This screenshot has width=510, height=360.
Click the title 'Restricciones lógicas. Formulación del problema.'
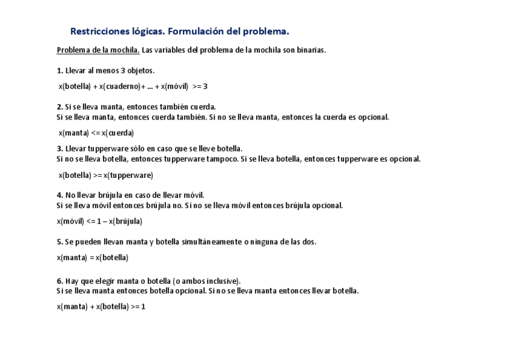[180, 31]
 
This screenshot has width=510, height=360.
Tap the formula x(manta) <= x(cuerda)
[96, 133]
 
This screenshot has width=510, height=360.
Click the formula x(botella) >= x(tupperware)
[106, 175]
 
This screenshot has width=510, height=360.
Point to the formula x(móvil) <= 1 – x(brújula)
[100, 221]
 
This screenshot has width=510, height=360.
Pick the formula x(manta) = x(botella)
[93, 258]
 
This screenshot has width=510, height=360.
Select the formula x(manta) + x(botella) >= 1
[101, 307]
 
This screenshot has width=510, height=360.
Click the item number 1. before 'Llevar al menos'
[60, 71]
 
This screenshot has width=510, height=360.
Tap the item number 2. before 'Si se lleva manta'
[60, 107]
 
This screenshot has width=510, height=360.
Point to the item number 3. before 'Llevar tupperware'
[60, 148]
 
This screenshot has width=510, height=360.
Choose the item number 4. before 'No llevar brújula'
[60, 195]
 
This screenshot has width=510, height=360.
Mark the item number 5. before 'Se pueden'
[60, 242]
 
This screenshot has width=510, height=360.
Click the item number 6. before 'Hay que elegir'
[60, 281]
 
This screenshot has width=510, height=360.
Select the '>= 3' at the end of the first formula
[200, 87]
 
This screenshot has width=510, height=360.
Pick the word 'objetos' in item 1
[141, 71]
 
